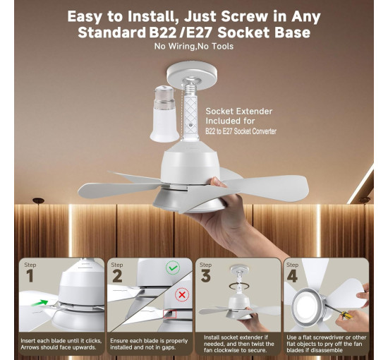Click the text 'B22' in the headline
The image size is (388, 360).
pos(162,32)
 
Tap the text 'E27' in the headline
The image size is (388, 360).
pos(200,32)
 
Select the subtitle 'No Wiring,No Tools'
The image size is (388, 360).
pos(194,47)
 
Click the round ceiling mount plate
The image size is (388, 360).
pos(192,74)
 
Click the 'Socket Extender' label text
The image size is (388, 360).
pos(239,111)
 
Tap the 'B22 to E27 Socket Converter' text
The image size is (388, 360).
pos(241,131)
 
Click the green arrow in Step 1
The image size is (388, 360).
pos(40,303)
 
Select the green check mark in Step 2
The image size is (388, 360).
pos(173,268)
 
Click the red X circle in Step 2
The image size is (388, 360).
pos(182,295)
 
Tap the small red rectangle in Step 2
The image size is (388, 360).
pos(170,314)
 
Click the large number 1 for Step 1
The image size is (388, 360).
pos(30,275)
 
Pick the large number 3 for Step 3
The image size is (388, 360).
pos(205,275)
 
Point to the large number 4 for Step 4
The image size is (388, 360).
pos(292,275)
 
